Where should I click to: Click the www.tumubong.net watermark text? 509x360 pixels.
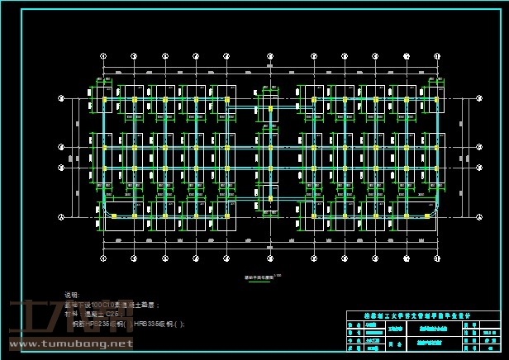(x=69, y=344)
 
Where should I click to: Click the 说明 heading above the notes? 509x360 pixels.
(x=72, y=295)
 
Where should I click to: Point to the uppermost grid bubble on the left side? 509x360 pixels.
(x=61, y=98)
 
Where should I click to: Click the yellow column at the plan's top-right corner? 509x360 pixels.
(x=436, y=99)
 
